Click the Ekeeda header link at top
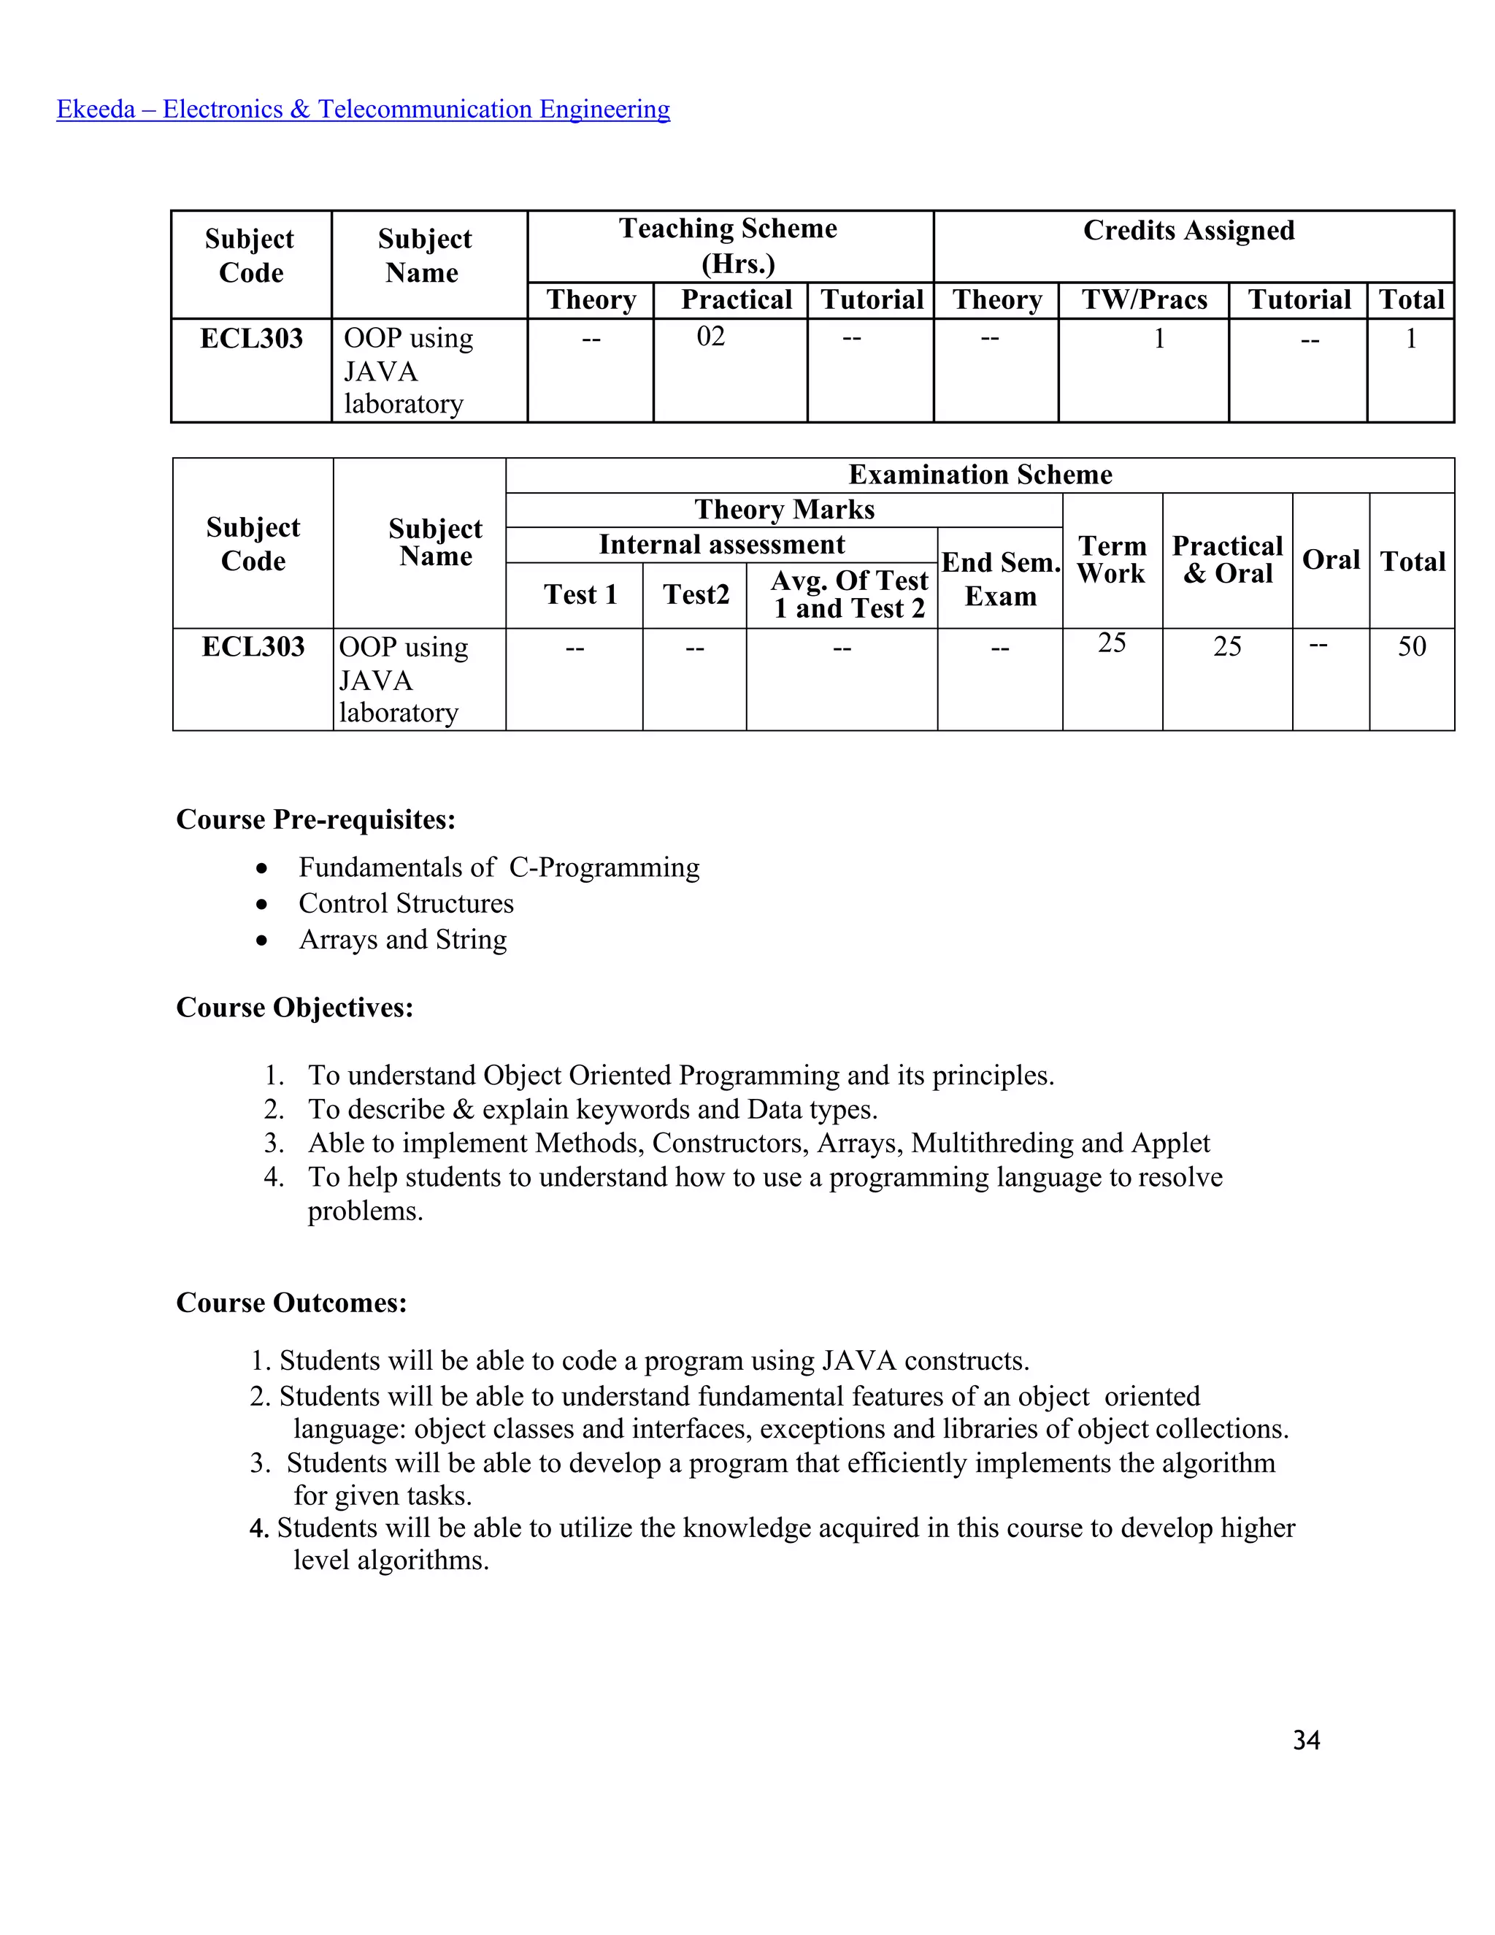[363, 109]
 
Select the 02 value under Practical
[710, 337]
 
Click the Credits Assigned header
[1188, 230]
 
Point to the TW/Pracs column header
[1145, 299]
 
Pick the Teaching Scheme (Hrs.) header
[729, 245]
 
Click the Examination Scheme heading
[980, 475]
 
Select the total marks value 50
[1412, 646]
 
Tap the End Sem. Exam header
[1000, 578]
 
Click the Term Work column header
[1112, 560]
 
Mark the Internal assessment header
[721, 544]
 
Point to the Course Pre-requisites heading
[315, 819]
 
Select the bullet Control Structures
[406, 903]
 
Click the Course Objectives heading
[294, 1008]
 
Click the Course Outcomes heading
[291, 1303]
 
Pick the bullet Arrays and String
[403, 939]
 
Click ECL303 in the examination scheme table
[253, 647]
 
